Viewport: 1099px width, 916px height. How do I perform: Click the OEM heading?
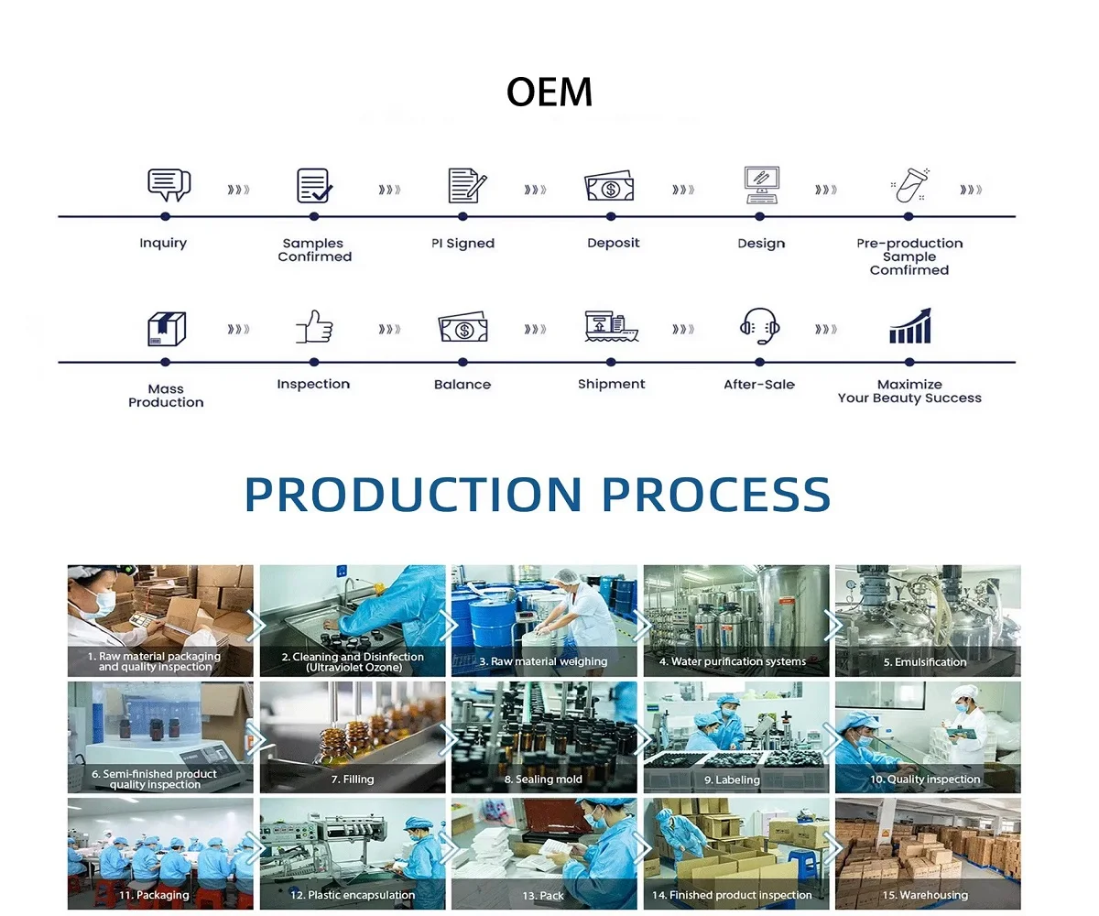tap(549, 92)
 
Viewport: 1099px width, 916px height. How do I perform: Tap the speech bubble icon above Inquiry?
tap(169, 185)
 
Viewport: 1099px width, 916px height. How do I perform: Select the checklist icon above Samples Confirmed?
tap(314, 185)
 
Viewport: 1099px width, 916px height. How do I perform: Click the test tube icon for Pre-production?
tap(910, 185)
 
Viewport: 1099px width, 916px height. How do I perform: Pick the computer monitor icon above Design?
tap(762, 185)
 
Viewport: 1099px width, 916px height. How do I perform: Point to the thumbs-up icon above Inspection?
tap(314, 326)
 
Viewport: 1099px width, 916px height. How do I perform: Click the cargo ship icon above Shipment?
tap(611, 326)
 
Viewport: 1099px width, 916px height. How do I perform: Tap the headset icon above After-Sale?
tap(759, 326)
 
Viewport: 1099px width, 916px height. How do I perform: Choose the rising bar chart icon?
tap(910, 326)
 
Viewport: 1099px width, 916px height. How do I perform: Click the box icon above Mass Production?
tap(167, 329)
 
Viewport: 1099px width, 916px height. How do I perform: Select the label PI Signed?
tap(462, 244)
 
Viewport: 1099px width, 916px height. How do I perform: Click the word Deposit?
tap(614, 243)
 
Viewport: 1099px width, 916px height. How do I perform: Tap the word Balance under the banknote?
tap(462, 385)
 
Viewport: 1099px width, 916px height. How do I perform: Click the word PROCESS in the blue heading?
tap(716, 495)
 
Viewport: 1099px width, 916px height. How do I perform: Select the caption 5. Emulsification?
tap(925, 661)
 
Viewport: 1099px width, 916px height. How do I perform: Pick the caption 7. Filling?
tap(353, 780)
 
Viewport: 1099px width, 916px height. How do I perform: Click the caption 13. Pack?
tap(543, 896)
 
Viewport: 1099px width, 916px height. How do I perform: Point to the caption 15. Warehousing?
tap(925, 895)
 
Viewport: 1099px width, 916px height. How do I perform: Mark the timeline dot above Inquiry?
tap(165, 216)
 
